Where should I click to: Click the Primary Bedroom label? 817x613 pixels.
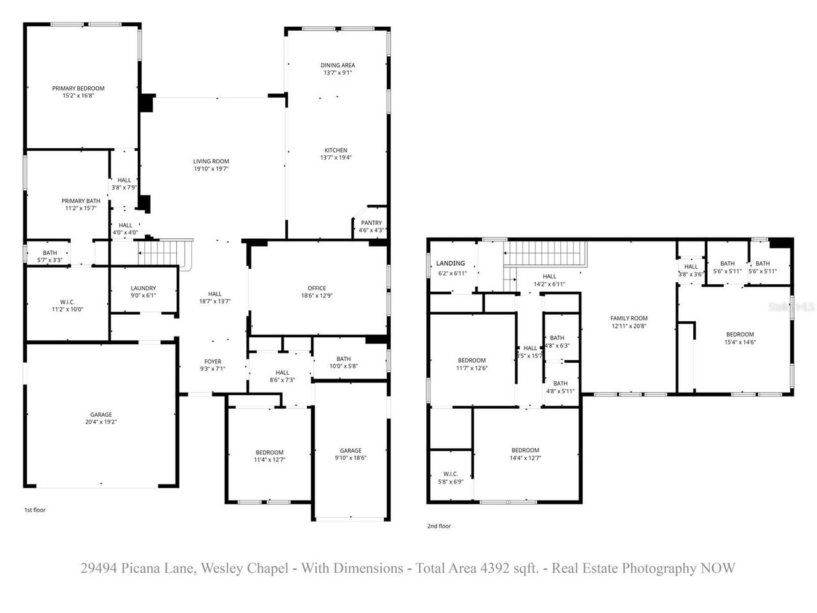78,88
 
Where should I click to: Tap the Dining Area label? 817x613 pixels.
338,65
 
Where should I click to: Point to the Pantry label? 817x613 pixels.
371,223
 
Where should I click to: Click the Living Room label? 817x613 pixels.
211,162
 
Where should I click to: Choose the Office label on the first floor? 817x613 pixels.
317,288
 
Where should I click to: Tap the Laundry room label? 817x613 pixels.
143,288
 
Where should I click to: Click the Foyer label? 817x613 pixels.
213,361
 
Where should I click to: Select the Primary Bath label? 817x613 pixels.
80,201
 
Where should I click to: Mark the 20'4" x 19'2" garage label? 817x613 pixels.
101,422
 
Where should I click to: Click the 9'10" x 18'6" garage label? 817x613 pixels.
350,458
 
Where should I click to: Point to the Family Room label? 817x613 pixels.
629,318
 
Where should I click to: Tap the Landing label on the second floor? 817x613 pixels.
451,263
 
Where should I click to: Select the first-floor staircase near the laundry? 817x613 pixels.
165,253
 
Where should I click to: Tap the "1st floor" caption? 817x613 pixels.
35,510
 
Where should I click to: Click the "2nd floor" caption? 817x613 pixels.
438,526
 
